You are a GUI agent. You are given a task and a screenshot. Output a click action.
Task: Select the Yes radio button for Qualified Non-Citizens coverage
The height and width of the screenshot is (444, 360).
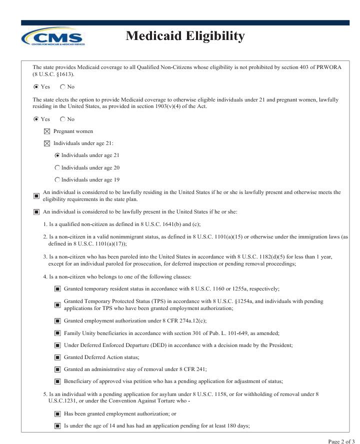point(35,86)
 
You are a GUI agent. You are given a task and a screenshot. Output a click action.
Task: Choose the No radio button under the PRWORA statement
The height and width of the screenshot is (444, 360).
point(62,86)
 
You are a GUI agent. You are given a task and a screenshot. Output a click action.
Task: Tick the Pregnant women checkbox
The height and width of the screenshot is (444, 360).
point(47,131)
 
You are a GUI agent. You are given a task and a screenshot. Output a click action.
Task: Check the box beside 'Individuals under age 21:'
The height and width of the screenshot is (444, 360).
point(47,143)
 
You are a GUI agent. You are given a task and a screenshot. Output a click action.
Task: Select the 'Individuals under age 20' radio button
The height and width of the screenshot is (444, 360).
point(57,167)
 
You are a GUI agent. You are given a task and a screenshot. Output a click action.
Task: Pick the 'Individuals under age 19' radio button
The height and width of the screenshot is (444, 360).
point(57,179)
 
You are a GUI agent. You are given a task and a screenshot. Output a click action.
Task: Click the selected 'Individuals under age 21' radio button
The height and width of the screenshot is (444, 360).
point(57,155)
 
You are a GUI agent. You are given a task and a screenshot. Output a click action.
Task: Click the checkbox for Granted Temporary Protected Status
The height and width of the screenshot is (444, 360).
point(57,304)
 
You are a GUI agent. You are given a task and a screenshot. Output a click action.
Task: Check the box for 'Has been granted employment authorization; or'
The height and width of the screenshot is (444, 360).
point(57,413)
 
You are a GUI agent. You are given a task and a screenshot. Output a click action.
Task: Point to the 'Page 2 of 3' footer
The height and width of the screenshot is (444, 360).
point(342,440)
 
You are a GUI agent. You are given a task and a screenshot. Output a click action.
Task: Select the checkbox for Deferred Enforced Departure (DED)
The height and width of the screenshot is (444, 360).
point(57,344)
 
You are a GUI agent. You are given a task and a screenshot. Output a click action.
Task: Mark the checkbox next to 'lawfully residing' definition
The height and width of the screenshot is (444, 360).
point(36,195)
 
